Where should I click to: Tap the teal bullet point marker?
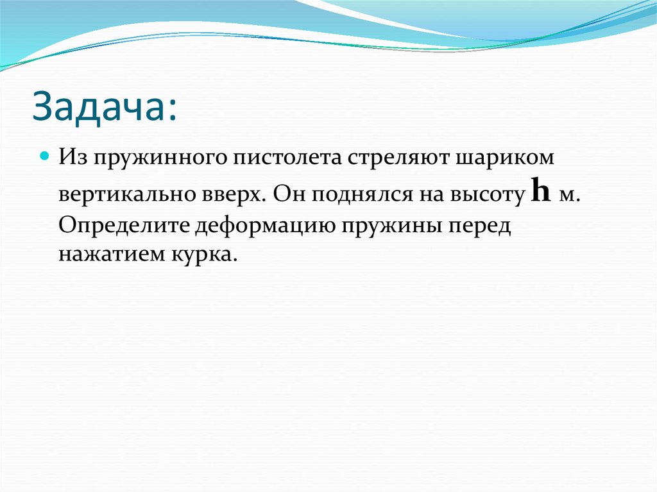pos(45,156)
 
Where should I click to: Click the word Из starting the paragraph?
pos(72,158)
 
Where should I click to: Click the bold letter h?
pos(542,192)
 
